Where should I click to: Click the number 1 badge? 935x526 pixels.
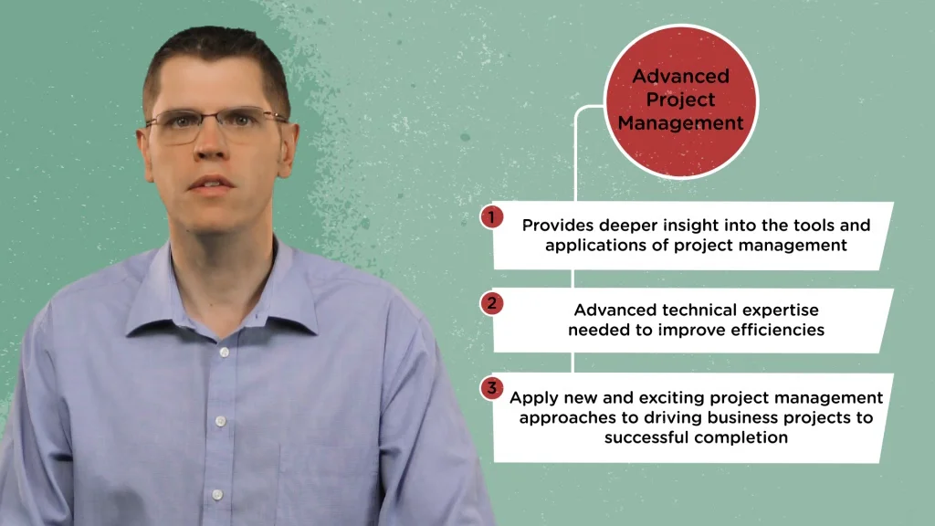[x=492, y=217]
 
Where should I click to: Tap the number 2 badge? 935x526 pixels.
[x=492, y=303]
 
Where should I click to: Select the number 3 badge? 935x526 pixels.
[x=492, y=388]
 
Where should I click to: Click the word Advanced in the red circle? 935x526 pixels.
[x=680, y=76]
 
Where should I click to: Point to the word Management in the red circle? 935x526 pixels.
[x=680, y=123]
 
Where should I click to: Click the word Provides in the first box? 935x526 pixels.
[x=558, y=225]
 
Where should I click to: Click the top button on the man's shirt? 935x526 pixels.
[x=225, y=352]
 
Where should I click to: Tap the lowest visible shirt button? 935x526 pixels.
[x=217, y=494]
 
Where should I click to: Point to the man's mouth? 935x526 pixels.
[x=210, y=184]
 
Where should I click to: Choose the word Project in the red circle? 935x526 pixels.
[x=680, y=100]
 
